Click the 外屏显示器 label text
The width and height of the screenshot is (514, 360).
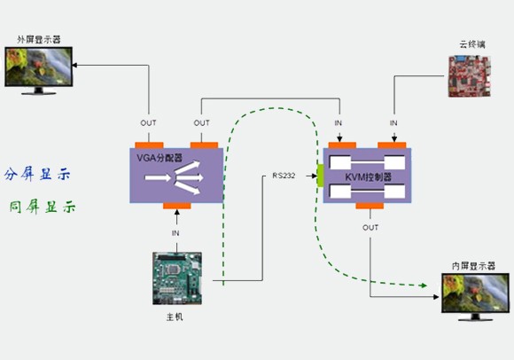39,40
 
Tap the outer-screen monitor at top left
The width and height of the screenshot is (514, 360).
39,71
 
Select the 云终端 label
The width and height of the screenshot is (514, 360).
472,44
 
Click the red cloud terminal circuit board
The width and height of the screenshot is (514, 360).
470,76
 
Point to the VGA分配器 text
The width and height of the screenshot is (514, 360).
160,158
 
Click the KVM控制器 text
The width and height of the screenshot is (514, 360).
368,177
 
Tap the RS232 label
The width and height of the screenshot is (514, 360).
284,176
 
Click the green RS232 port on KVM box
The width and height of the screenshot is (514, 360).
320,176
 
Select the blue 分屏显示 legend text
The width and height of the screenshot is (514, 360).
37,174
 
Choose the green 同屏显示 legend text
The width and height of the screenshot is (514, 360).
43,207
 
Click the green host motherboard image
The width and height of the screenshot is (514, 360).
177,278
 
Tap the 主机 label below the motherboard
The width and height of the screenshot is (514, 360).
175,317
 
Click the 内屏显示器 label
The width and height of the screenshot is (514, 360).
473,266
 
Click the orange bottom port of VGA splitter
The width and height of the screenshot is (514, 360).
177,206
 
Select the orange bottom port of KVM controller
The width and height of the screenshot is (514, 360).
370,206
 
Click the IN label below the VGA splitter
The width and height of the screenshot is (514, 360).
175,233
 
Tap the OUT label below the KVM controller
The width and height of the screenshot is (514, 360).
370,228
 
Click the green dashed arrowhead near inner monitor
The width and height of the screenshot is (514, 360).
424,286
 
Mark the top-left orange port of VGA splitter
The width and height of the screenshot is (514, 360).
149,145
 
